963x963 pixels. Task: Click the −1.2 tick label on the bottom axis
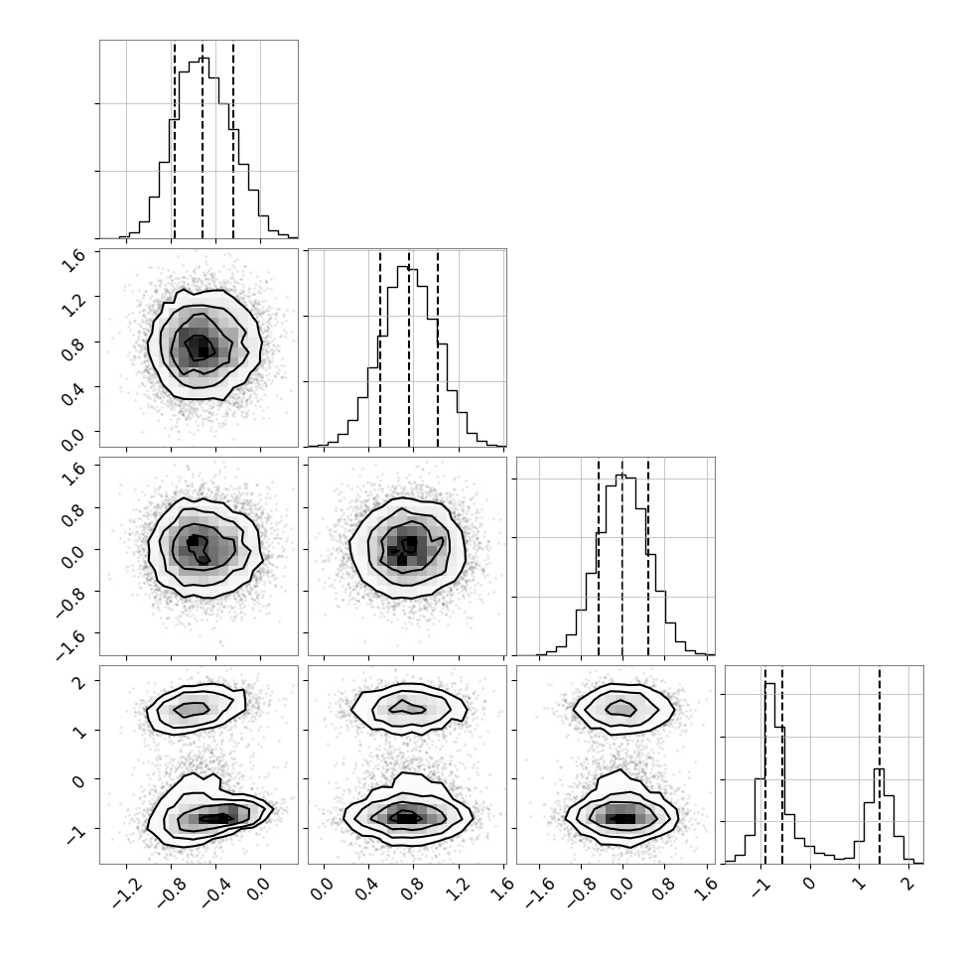coord(128,894)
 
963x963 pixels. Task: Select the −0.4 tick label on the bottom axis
coord(217,894)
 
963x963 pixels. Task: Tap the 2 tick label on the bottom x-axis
coord(907,884)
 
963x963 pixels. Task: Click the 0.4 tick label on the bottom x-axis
coord(367,892)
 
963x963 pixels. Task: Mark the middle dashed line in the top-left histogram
coord(203,139)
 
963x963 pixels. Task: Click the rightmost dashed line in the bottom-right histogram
coord(880,764)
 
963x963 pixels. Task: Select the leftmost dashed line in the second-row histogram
coord(380,348)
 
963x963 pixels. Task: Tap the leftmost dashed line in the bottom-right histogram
coord(765,764)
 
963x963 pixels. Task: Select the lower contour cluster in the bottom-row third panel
coord(621,810)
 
